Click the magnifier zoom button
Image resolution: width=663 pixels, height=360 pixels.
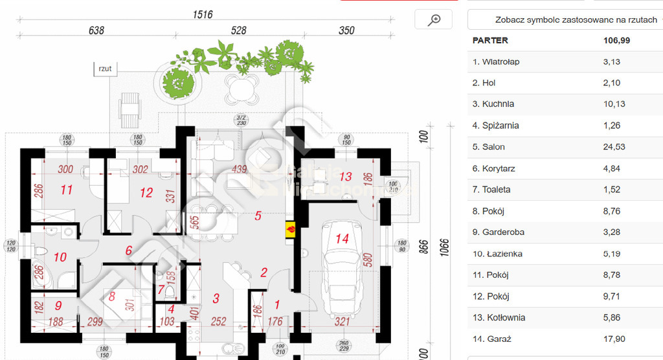click(x=433, y=20)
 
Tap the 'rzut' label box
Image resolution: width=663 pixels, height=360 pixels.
click(x=105, y=68)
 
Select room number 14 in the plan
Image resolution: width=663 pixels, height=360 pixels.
click(x=343, y=238)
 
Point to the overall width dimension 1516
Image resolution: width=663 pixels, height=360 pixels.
click(x=202, y=14)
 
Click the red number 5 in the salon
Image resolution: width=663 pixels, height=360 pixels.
click(x=258, y=216)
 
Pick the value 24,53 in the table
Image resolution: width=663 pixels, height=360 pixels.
click(x=614, y=147)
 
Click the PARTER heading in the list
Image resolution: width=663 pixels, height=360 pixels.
click(x=490, y=40)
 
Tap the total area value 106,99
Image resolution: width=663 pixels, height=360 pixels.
click(x=616, y=40)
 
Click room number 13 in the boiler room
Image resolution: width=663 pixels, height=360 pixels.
click(x=345, y=176)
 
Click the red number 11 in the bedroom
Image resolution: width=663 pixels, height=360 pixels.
click(x=67, y=190)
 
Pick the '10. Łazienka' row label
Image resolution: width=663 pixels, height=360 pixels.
click(x=497, y=254)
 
